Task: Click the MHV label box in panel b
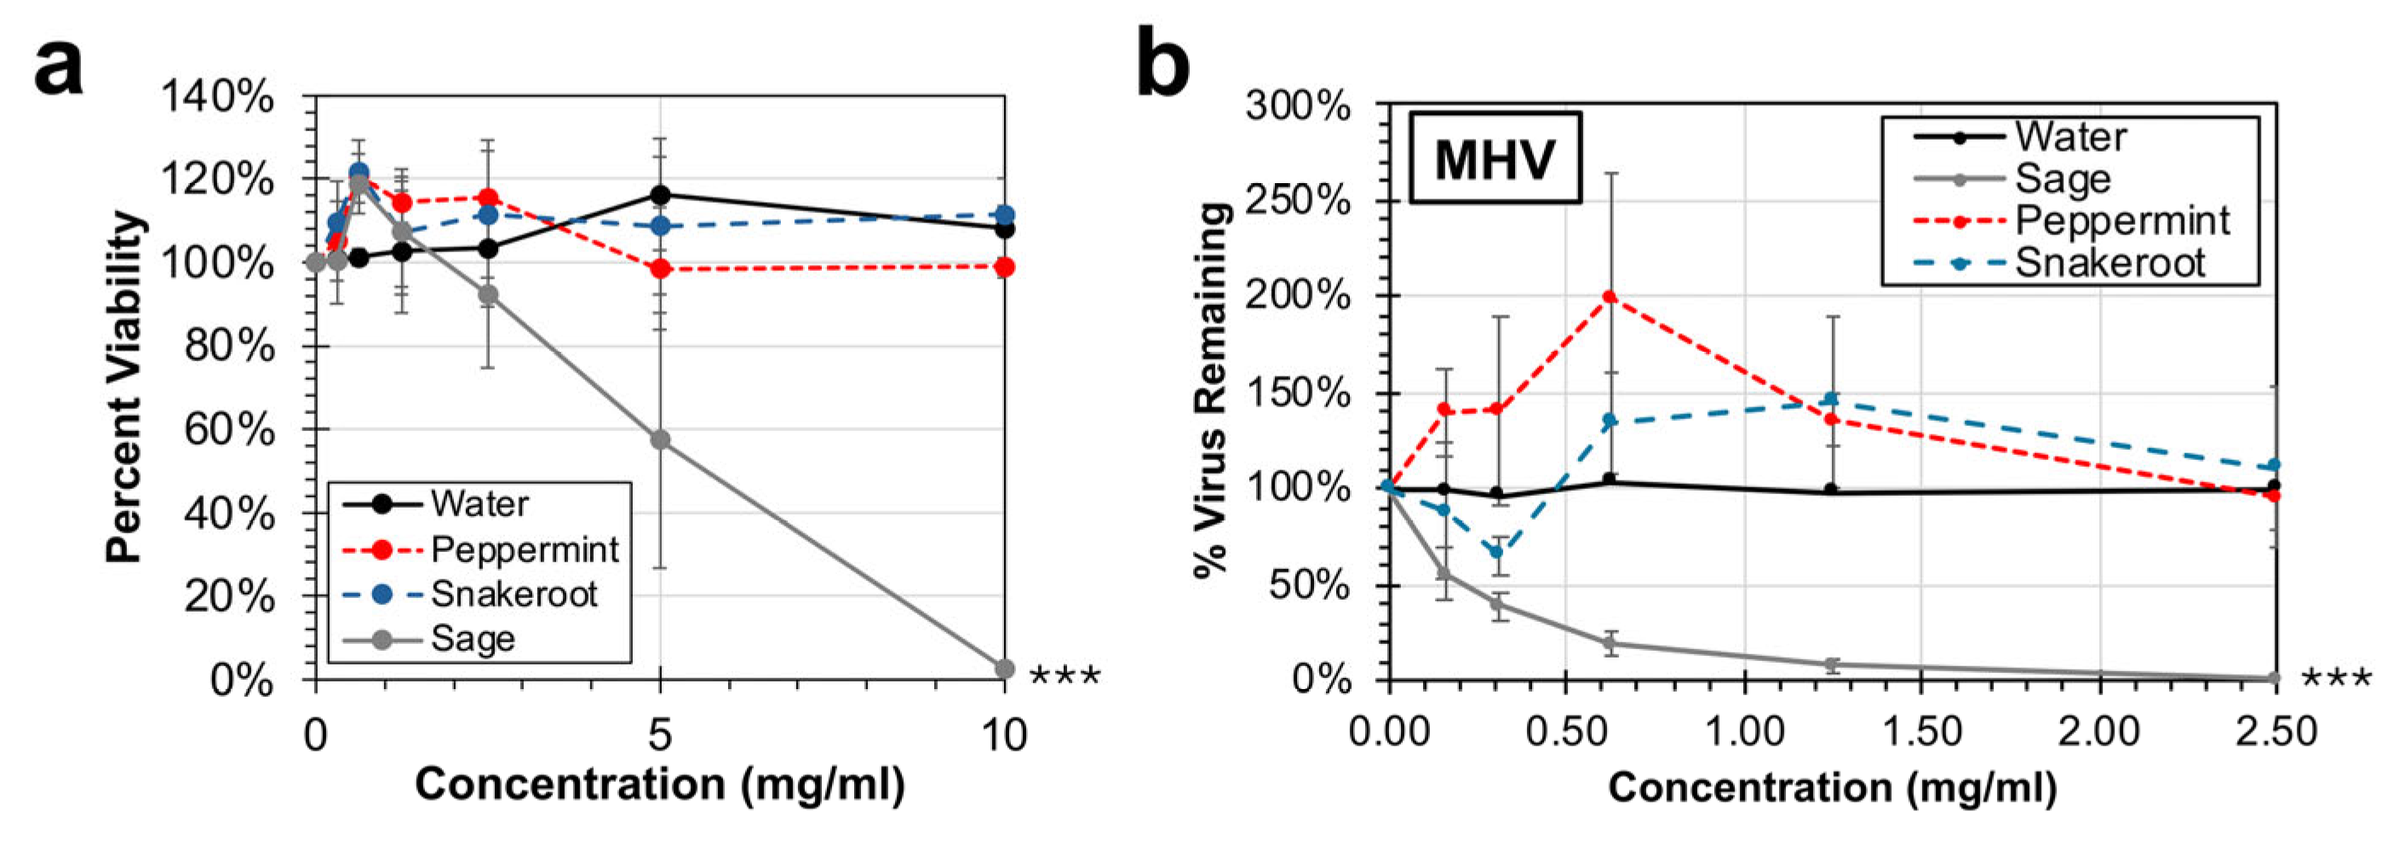click(1494, 158)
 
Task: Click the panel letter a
click(58, 66)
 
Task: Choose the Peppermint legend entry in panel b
click(2121, 221)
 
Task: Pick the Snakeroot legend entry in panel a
click(514, 595)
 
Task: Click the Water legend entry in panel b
click(2070, 137)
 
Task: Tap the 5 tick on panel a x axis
click(659, 736)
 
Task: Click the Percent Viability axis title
click(125, 388)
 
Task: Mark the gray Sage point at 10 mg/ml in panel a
click(1004, 669)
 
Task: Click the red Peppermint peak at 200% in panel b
click(1610, 296)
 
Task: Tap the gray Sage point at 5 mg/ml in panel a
click(659, 440)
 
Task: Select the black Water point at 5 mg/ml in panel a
click(659, 195)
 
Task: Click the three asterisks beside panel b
click(2336, 680)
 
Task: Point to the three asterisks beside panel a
click(1065, 676)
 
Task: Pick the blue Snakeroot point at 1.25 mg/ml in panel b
click(1831, 400)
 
